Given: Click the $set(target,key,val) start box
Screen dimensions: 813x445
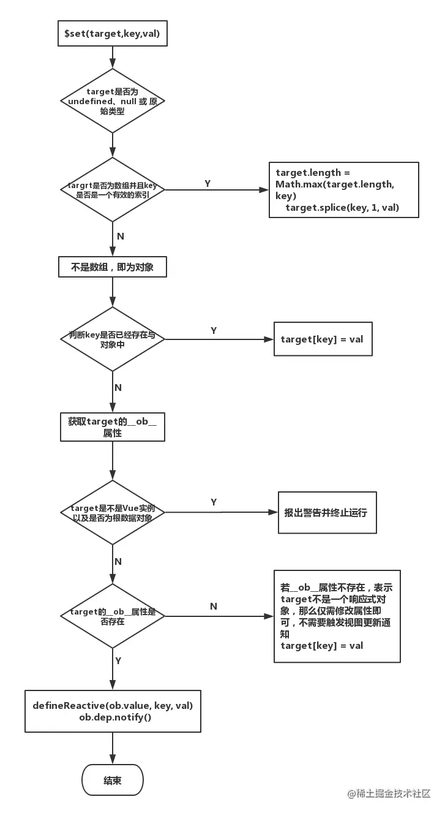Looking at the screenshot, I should click(112, 34).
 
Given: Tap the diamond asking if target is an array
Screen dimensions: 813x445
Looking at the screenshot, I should click(113, 189).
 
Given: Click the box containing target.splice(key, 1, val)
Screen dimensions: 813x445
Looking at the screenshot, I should click(343, 190).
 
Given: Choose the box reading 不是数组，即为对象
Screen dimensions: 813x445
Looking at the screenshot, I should click(112, 267).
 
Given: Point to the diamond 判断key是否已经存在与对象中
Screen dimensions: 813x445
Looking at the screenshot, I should click(113, 339).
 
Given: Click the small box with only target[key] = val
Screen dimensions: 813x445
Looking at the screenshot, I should click(323, 339).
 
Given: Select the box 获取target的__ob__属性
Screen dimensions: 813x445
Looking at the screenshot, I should click(112, 426).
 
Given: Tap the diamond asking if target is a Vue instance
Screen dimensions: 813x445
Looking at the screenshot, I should click(113, 512).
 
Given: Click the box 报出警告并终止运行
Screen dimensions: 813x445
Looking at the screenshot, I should click(327, 512).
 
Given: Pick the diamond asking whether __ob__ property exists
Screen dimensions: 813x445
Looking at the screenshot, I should click(113, 616).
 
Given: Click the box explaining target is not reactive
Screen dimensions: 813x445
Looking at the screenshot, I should click(337, 616).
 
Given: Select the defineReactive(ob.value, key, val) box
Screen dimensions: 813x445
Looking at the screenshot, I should click(113, 711).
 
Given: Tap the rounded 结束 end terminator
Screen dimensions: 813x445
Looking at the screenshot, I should click(113, 780).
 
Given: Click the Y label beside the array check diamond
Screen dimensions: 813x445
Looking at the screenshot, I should click(208, 183).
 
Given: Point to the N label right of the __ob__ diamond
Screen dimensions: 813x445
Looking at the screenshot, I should click(214, 606).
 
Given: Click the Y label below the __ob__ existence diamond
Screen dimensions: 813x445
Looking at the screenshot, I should click(118, 660).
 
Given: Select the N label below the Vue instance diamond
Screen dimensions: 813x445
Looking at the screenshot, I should click(118, 561).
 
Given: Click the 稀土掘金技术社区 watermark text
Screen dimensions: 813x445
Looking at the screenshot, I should click(389, 794).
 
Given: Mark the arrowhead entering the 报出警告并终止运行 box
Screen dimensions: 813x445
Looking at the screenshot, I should click(274, 512).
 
